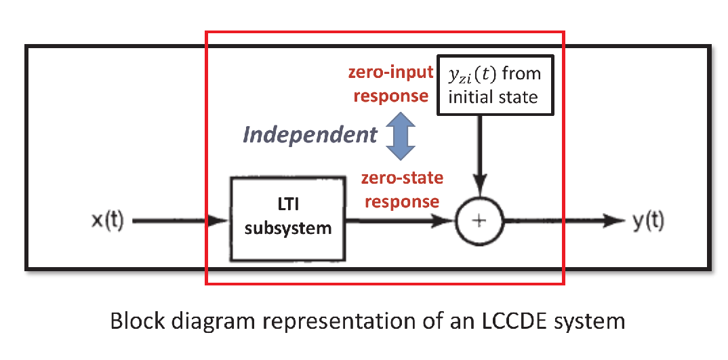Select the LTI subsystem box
pos(287,219)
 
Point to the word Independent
pos(310,135)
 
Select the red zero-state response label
pos(401,190)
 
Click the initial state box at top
pos(496,84)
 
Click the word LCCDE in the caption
pos(503,321)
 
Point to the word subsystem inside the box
pos(288,228)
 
